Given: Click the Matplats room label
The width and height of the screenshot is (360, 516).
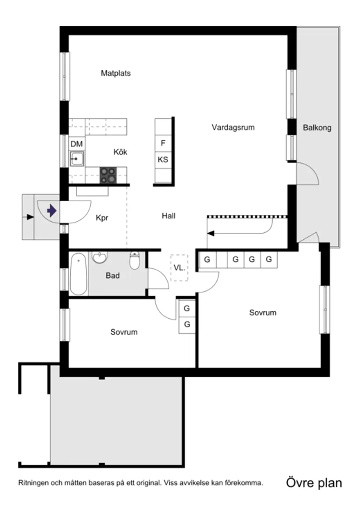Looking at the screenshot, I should click(116, 73).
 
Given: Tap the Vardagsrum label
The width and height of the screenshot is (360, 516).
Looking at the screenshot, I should click(233, 127).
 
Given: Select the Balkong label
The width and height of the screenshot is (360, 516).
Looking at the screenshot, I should click(317, 128).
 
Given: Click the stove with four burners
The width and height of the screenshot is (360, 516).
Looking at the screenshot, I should click(109, 175).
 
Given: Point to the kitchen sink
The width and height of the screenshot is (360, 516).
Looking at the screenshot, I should click(77, 158).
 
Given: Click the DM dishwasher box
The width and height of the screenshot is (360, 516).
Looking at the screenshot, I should click(76, 144).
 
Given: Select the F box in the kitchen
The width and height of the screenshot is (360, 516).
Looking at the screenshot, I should click(163, 143).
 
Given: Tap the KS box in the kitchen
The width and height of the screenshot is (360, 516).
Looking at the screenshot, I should click(163, 160).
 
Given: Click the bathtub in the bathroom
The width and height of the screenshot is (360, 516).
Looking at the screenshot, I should click(79, 274).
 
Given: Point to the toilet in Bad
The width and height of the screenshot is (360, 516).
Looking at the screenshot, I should click(135, 261).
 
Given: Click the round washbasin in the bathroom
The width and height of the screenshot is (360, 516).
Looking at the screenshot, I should click(100, 258).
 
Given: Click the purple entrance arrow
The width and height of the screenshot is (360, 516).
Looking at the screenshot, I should click(51, 211).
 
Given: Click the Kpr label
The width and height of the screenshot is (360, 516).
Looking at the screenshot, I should click(102, 218).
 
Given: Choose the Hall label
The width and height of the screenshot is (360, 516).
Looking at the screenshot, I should click(168, 216).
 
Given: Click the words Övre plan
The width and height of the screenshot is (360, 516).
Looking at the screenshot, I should click(314, 483).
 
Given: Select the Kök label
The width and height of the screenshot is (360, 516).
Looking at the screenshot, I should click(120, 152).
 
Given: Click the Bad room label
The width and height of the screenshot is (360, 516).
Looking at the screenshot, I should click(113, 276).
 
